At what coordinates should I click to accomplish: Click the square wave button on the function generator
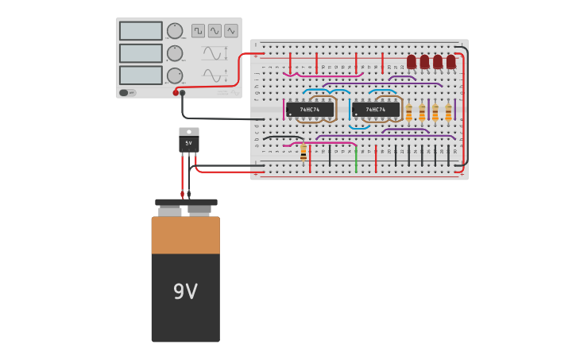(x=198, y=31)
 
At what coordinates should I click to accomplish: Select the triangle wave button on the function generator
(x=231, y=31)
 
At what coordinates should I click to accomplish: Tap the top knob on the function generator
(x=174, y=31)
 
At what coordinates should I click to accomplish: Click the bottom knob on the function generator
(x=174, y=75)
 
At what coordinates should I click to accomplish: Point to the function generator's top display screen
(x=141, y=31)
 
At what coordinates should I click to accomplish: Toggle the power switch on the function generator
(x=126, y=93)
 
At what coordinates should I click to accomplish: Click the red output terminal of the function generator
(x=176, y=93)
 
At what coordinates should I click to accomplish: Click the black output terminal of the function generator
(x=183, y=93)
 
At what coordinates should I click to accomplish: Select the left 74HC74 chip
(x=310, y=110)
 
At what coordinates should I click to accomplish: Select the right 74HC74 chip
(x=376, y=110)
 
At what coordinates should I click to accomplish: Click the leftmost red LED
(x=412, y=61)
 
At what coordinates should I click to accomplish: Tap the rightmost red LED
(x=451, y=61)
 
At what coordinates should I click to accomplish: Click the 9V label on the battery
(x=185, y=292)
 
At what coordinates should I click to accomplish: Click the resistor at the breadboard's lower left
(x=303, y=153)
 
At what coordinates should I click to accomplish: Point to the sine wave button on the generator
(x=215, y=31)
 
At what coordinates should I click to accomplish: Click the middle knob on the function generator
(x=174, y=53)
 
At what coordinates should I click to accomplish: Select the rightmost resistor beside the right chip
(x=448, y=112)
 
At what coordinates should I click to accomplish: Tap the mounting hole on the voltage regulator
(x=189, y=132)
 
